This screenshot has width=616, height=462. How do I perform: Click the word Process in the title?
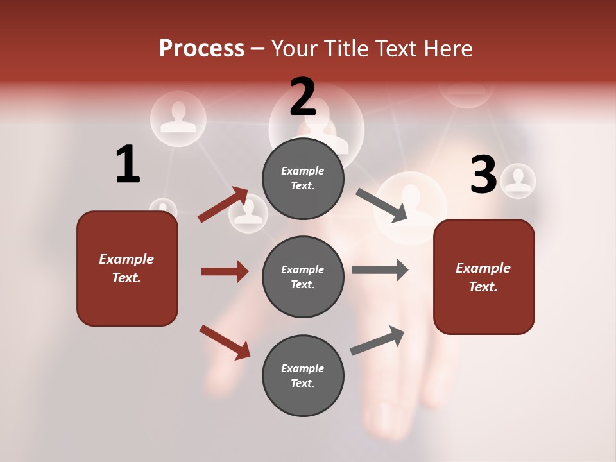coord(201,49)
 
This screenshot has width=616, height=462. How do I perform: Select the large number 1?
coord(128,165)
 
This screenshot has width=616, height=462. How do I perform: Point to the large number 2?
coord(303,97)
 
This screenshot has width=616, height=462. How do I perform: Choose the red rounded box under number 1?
coord(127,268)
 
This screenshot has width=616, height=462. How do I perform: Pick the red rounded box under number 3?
coord(484,277)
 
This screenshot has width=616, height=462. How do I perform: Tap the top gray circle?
coord(303,178)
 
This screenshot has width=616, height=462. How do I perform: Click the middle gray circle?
coord(303,277)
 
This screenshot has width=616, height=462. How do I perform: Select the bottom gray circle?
coord(303,375)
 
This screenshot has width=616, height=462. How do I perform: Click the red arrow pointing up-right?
coord(223,205)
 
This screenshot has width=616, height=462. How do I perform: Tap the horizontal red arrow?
coord(225,271)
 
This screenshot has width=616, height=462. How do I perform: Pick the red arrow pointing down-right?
coord(225,342)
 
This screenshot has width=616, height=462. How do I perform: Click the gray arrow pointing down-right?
coord(382,205)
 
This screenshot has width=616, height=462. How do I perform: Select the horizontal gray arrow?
coord(380,269)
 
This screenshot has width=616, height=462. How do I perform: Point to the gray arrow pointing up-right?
coord(377,340)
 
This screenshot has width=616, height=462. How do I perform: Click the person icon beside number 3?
coord(518,180)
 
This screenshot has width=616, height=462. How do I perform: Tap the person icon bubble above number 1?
coord(178,118)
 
